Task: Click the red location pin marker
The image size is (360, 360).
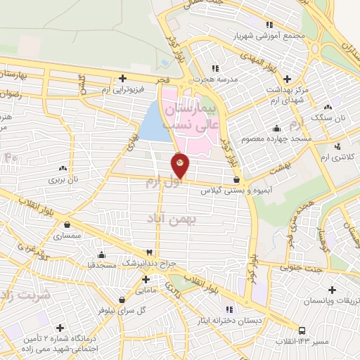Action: [180, 166]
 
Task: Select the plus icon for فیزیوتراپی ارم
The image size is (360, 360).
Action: [123, 78]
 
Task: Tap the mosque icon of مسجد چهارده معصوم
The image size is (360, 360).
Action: [276, 127]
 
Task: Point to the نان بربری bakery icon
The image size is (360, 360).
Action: [64, 167]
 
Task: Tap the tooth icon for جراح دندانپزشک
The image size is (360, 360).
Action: [149, 252]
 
